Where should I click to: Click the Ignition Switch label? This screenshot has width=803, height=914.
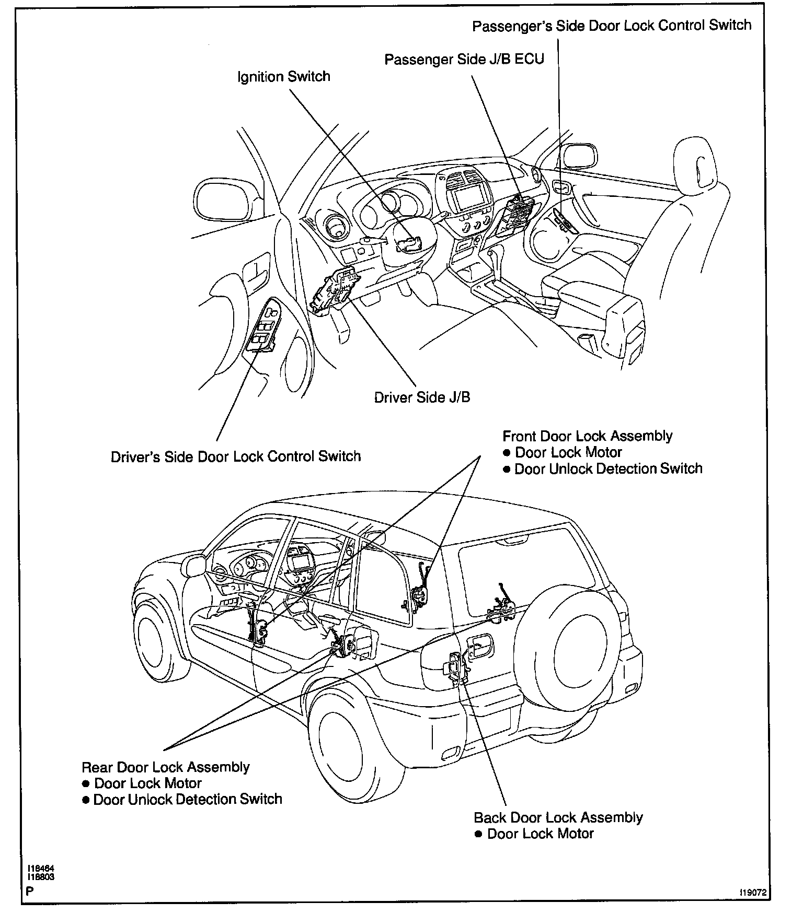pyautogui.click(x=283, y=77)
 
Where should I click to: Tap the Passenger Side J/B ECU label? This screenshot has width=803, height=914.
pyautogui.click(x=464, y=59)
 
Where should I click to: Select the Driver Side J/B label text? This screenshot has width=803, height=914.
pyautogui.click(x=422, y=397)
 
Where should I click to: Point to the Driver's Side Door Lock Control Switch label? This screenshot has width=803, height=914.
pyautogui.click(x=236, y=456)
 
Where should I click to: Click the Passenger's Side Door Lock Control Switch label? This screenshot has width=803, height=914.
pyautogui.click(x=612, y=26)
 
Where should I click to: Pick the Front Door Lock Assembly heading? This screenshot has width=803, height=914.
pyautogui.click(x=588, y=436)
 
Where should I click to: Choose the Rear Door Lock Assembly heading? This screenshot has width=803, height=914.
pyautogui.click(x=166, y=767)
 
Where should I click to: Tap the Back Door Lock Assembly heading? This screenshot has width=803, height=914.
pyautogui.click(x=558, y=817)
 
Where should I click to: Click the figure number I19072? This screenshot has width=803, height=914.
pyautogui.click(x=752, y=893)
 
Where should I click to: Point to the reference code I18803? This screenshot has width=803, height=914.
pyautogui.click(x=41, y=877)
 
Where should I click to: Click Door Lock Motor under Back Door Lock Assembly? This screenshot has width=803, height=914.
pyautogui.click(x=540, y=834)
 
